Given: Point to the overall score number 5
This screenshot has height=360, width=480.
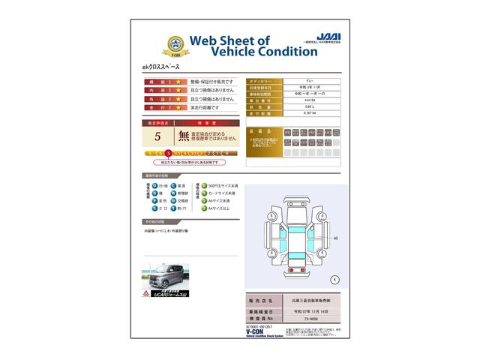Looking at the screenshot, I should pyautogui.click(x=157, y=136).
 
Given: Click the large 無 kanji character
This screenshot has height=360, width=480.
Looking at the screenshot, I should pyautogui.click(x=184, y=136).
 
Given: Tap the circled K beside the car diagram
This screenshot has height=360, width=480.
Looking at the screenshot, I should pyautogui.click(x=334, y=279).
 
